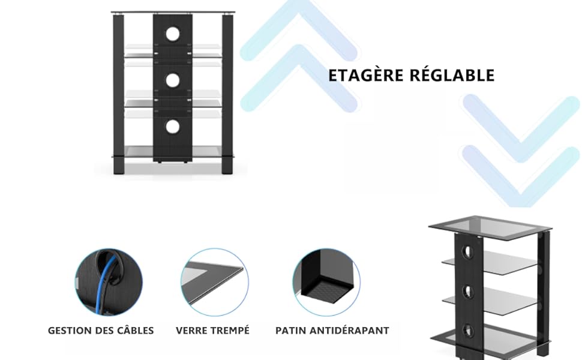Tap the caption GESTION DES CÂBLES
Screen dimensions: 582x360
click(101, 331)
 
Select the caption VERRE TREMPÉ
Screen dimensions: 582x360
click(212, 331)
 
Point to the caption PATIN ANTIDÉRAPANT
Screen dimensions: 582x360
click(332, 331)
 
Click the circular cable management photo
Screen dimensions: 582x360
click(109, 282)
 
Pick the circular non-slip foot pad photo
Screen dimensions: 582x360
click(326, 282)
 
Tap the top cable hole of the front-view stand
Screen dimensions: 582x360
click(173, 34)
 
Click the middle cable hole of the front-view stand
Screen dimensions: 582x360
click(173, 80)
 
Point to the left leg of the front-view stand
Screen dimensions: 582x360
click(118, 90)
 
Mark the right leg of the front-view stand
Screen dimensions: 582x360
click(227, 90)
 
